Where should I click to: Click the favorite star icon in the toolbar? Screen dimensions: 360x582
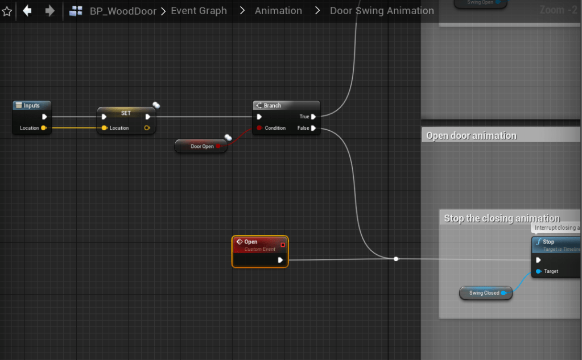7,11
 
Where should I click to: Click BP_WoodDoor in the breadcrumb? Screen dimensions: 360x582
123,11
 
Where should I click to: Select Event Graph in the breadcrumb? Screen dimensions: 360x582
199,11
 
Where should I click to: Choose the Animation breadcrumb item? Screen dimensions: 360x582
278,11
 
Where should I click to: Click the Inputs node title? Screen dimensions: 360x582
31,105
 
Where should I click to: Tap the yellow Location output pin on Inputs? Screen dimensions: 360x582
43,128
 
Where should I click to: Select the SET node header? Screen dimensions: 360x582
126,113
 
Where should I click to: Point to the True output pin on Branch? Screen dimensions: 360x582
313,117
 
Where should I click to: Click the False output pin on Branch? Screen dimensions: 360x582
313,128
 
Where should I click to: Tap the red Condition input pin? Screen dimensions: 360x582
259,128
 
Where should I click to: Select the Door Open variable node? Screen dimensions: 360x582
202,147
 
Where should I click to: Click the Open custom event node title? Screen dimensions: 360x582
251,242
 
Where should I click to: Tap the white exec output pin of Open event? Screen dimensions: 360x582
280,260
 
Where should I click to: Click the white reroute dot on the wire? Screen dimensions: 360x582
396,259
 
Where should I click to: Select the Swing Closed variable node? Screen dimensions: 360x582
484,293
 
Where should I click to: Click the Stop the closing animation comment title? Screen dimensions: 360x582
501,218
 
